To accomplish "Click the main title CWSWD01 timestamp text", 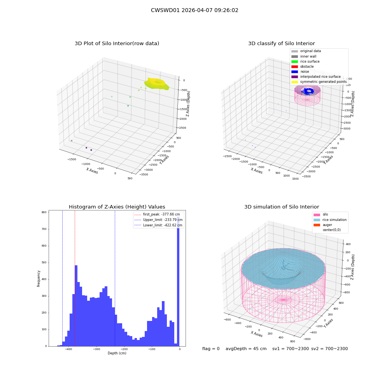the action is (194, 11).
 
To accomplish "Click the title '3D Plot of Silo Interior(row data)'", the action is (117, 44).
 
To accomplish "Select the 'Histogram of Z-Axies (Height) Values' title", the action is (117, 207).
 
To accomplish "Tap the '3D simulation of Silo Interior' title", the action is (282, 207).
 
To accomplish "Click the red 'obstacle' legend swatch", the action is (294, 67).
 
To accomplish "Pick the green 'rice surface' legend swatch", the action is (294, 61).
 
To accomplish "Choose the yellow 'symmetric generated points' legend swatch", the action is (294, 82).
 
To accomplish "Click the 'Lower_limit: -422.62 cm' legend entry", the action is (158, 225).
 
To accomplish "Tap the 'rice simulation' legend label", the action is (335, 220).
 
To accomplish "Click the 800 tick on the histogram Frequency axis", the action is (44, 212).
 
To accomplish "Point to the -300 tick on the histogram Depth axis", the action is (96, 349).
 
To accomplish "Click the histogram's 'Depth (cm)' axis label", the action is (117, 353).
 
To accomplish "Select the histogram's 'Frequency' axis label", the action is (39, 279).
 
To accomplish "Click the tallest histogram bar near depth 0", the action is (178, 281).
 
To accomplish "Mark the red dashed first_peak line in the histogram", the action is (75, 279).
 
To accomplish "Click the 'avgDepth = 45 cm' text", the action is (246, 349).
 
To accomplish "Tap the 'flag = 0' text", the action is (211, 349).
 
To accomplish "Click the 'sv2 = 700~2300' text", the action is (329, 349).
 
